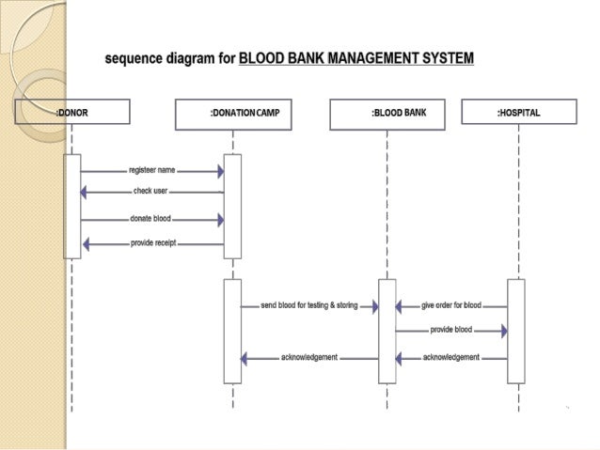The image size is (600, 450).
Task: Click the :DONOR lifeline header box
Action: point(71,114)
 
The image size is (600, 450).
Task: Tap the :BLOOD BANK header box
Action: point(387,114)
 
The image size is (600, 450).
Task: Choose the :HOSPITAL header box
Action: point(518,114)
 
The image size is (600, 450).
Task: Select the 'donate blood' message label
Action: point(150,219)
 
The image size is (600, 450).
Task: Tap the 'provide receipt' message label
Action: point(152,243)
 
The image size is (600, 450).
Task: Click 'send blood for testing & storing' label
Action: point(309,306)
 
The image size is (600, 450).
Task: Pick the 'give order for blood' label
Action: point(451,306)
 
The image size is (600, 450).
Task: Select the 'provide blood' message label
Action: point(451,331)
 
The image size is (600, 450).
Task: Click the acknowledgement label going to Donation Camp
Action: point(309,358)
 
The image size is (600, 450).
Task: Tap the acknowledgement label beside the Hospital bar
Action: point(451,358)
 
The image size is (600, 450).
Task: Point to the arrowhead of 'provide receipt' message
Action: point(87,244)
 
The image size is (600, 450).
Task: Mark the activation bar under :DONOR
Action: point(71,206)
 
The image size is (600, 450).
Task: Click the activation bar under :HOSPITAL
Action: point(515,331)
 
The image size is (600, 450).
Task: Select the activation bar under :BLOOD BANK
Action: point(387,331)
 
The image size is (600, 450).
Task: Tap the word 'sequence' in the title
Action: point(133,59)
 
